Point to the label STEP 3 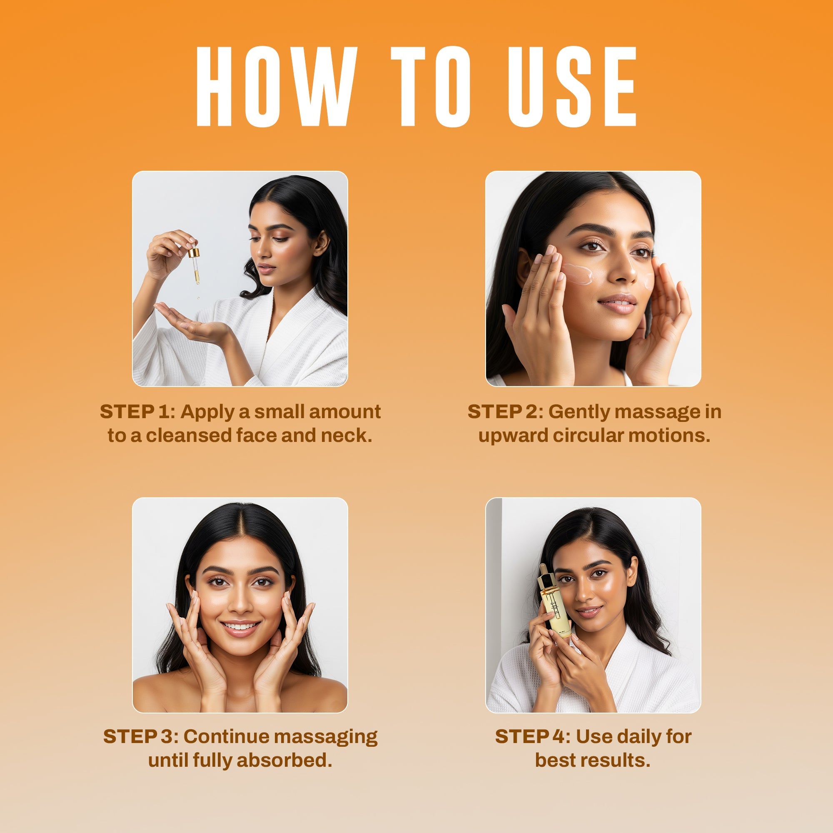[x=140, y=736]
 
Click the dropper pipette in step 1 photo [x=195, y=265]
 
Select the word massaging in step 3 [x=326, y=736]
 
